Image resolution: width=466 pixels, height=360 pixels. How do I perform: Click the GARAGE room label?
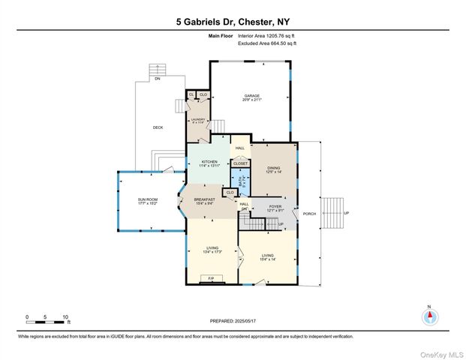(251, 97)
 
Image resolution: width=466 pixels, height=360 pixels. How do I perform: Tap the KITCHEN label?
(209, 162)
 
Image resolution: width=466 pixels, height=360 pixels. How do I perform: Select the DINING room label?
(273, 169)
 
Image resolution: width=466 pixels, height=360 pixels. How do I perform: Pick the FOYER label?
(275, 207)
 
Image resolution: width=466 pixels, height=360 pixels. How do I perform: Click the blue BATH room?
(242, 181)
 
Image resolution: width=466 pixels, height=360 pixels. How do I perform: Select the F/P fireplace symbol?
(211, 278)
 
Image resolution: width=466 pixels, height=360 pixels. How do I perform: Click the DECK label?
(158, 127)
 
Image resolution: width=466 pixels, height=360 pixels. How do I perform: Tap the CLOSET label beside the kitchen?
(240, 163)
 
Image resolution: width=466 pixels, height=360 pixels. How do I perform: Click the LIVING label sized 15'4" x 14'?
(268, 257)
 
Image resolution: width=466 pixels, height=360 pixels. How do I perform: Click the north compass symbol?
(429, 316)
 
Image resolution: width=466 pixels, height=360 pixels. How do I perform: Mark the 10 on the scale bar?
(65, 317)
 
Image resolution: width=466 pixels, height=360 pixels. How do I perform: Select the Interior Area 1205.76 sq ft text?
(267, 36)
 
